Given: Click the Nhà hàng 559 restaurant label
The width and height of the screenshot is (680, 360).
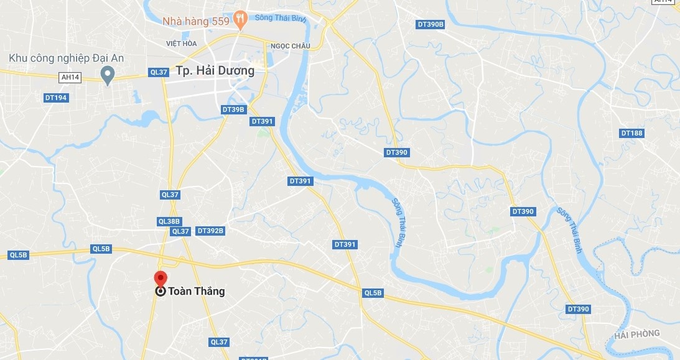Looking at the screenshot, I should pos(195,21).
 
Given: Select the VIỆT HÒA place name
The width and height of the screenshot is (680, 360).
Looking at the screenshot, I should pos(181,44).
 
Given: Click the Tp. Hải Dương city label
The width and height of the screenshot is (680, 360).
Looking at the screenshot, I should pos(215,70).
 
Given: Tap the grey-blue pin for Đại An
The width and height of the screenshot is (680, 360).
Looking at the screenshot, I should pos(107,75).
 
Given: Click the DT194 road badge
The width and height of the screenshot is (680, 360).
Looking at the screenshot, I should pos(56,98).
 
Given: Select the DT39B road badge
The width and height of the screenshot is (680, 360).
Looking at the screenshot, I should pos(233,109).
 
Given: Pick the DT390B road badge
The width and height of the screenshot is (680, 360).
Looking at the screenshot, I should pos(431,24).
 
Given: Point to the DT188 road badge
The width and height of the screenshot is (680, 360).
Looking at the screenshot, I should pos(632,133).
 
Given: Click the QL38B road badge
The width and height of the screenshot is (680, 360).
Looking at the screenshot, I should pos(169,221).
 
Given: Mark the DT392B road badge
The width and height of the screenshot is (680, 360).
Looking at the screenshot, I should pos(210,231).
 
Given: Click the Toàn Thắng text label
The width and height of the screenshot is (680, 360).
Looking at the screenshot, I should pos(197,291).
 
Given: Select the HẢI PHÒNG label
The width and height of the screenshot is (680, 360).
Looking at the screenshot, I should pos(636,335).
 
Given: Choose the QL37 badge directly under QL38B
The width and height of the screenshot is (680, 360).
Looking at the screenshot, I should pos(180,231).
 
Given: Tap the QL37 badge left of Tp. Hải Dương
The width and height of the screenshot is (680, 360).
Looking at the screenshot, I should pos(159,72).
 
